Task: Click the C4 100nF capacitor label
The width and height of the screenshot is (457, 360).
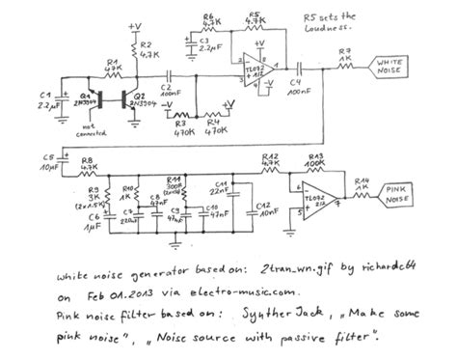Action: [x=301, y=94]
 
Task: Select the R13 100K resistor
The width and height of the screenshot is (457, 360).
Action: [x=313, y=167]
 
